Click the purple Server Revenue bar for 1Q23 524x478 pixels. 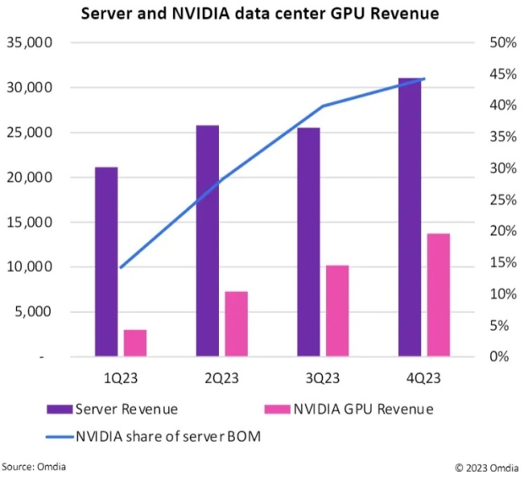pos(106,261)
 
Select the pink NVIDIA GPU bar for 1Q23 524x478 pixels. pos(134,343)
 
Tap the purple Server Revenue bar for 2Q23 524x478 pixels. pos(207,241)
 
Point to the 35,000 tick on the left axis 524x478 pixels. pos(30,43)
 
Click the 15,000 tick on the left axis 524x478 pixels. pos(30,223)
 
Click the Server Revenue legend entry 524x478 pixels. pos(127,409)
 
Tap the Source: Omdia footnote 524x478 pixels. pos(33,467)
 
